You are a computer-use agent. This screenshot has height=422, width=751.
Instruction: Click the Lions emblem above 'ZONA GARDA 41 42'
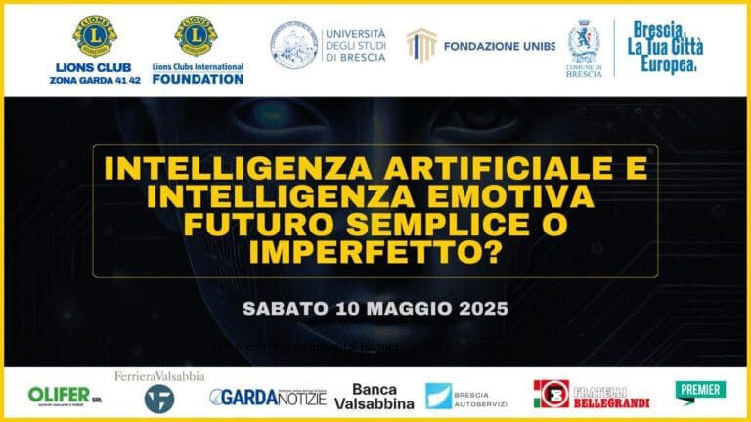(94, 36)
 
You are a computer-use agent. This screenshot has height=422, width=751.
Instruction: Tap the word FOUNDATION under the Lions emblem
(197, 79)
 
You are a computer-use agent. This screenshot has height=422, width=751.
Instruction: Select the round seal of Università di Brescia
(294, 46)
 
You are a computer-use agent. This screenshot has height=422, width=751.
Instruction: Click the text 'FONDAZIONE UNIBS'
(499, 46)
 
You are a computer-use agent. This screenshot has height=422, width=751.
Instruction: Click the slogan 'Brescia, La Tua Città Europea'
(668, 47)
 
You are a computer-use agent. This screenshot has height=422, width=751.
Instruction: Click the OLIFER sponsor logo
(65, 396)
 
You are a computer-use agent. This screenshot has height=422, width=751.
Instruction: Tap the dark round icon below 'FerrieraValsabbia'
(159, 398)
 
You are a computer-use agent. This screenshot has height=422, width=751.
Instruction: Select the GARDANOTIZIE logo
(267, 397)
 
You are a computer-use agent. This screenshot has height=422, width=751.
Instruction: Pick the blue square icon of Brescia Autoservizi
(438, 396)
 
